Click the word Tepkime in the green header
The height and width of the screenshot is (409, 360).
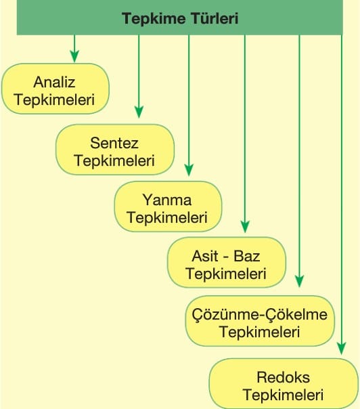click(x=154, y=19)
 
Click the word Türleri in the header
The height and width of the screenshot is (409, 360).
click(x=215, y=18)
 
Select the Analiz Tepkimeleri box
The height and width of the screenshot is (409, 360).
click(x=55, y=89)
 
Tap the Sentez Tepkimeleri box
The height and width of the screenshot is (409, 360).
click(x=115, y=150)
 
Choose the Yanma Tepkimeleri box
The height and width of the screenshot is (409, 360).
click(x=168, y=207)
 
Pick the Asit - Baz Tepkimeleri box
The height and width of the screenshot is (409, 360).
click(x=227, y=263)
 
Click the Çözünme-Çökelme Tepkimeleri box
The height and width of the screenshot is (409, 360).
click(x=260, y=321)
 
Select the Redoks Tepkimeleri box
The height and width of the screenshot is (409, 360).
click(x=284, y=384)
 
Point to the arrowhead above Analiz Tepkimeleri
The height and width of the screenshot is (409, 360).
click(x=74, y=57)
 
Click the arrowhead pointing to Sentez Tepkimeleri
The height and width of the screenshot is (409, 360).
click(x=139, y=112)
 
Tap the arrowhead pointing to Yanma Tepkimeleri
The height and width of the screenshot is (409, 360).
click(x=189, y=170)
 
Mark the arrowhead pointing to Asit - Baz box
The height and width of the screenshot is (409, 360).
click(x=245, y=226)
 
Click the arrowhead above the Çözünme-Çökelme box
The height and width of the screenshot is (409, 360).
click(x=300, y=281)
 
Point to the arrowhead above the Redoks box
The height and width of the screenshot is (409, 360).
click(x=342, y=349)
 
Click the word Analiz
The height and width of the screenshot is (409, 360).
click(x=54, y=82)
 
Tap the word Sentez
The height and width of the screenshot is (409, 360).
click(x=114, y=143)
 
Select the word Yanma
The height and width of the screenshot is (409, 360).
click(x=167, y=200)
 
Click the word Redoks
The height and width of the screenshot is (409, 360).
click(x=284, y=377)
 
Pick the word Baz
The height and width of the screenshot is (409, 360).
click(x=246, y=256)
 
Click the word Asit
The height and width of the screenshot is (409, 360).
click(x=205, y=256)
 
